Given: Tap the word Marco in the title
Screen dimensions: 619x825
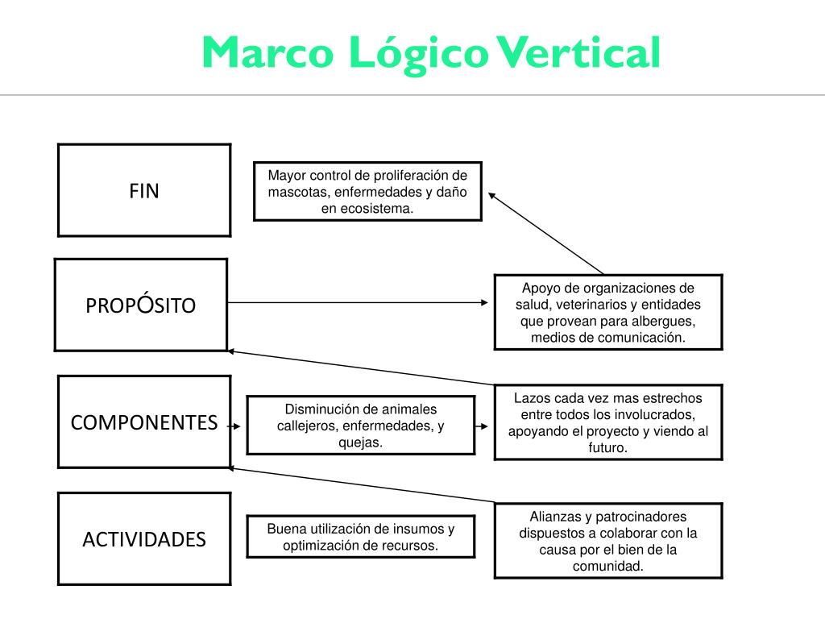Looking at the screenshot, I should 267,53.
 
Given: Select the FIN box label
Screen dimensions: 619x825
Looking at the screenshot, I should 144,191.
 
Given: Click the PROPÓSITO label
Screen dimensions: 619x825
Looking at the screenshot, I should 141,305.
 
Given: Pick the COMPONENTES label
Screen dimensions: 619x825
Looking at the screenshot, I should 144,422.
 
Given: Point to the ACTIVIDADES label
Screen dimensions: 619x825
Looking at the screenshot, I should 144,539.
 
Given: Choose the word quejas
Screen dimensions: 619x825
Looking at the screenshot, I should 360,442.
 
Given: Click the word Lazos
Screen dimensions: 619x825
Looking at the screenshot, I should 532,398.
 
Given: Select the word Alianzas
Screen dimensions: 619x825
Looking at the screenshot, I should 555,517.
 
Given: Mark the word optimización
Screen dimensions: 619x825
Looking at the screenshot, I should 321,545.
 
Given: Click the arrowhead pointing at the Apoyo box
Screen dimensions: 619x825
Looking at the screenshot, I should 484,303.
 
